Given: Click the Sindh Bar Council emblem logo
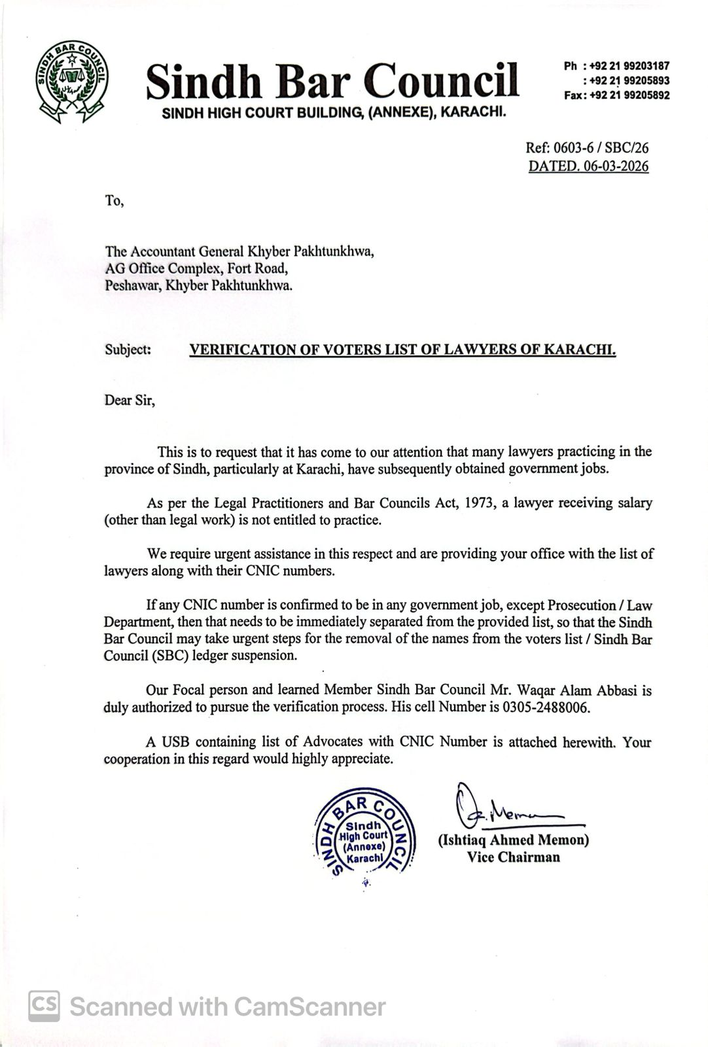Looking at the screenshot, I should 73,82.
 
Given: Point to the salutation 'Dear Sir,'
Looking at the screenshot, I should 130,400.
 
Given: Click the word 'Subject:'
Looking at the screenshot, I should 128,349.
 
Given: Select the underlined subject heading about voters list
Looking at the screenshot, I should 402,349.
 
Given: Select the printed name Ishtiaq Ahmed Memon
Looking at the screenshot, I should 513,840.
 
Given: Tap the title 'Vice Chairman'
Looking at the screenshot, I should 513,857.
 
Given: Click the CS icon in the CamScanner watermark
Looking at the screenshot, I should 44,1006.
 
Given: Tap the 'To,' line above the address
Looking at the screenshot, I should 114,200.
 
